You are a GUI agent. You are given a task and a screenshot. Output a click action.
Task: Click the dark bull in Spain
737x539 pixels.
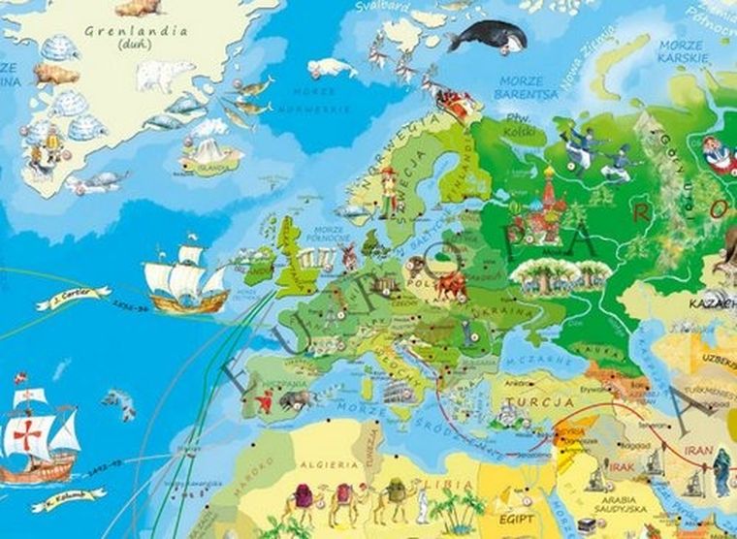(x=298, y=397)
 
